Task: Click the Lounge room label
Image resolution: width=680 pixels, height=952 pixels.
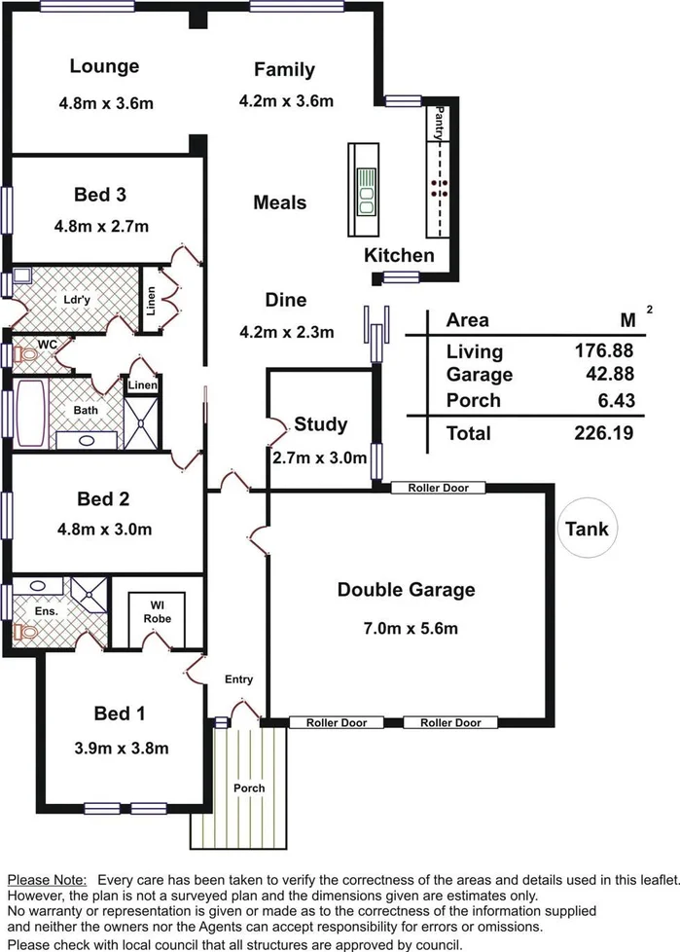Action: pos(104,66)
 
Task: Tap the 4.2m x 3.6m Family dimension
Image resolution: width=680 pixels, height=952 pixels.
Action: pos(286,100)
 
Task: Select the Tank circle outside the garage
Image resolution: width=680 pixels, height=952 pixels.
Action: pos(590,529)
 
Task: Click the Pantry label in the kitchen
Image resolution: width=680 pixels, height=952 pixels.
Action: pos(440,124)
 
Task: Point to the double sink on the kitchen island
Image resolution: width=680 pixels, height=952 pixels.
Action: pos(367,191)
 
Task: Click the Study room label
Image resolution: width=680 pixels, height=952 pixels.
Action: pos(321,424)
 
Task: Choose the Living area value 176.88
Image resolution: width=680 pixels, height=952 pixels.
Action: pos(602,351)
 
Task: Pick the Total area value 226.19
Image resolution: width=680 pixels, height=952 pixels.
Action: pos(602,433)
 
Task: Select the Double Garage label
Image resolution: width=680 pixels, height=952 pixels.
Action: pos(406,589)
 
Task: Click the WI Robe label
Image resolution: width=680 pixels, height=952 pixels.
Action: pos(158,610)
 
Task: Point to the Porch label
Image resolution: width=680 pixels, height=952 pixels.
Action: pos(248,787)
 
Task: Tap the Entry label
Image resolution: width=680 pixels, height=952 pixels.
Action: pos(238,678)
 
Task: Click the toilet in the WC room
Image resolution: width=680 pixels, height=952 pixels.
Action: pos(24,357)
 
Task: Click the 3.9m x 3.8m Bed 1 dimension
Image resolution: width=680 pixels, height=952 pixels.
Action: pos(120,748)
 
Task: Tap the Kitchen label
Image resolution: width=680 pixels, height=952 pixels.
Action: pos(399,256)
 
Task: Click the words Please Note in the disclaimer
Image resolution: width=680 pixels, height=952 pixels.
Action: pos(47,879)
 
